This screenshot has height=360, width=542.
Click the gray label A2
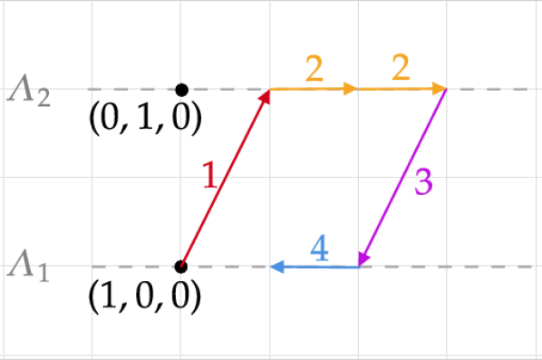click(29, 90)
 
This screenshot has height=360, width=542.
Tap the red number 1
click(209, 174)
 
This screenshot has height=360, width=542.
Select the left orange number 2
click(315, 69)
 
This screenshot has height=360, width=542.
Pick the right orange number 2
click(401, 69)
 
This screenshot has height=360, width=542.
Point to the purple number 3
click(423, 182)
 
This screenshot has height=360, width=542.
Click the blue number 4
click(319, 247)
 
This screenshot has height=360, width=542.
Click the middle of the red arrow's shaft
click(225, 179)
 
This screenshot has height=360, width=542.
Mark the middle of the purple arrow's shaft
click(403, 179)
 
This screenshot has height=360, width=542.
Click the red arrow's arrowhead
click(266, 96)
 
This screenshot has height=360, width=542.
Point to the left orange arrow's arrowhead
click(352, 89)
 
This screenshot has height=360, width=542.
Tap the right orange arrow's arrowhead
click(440, 89)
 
